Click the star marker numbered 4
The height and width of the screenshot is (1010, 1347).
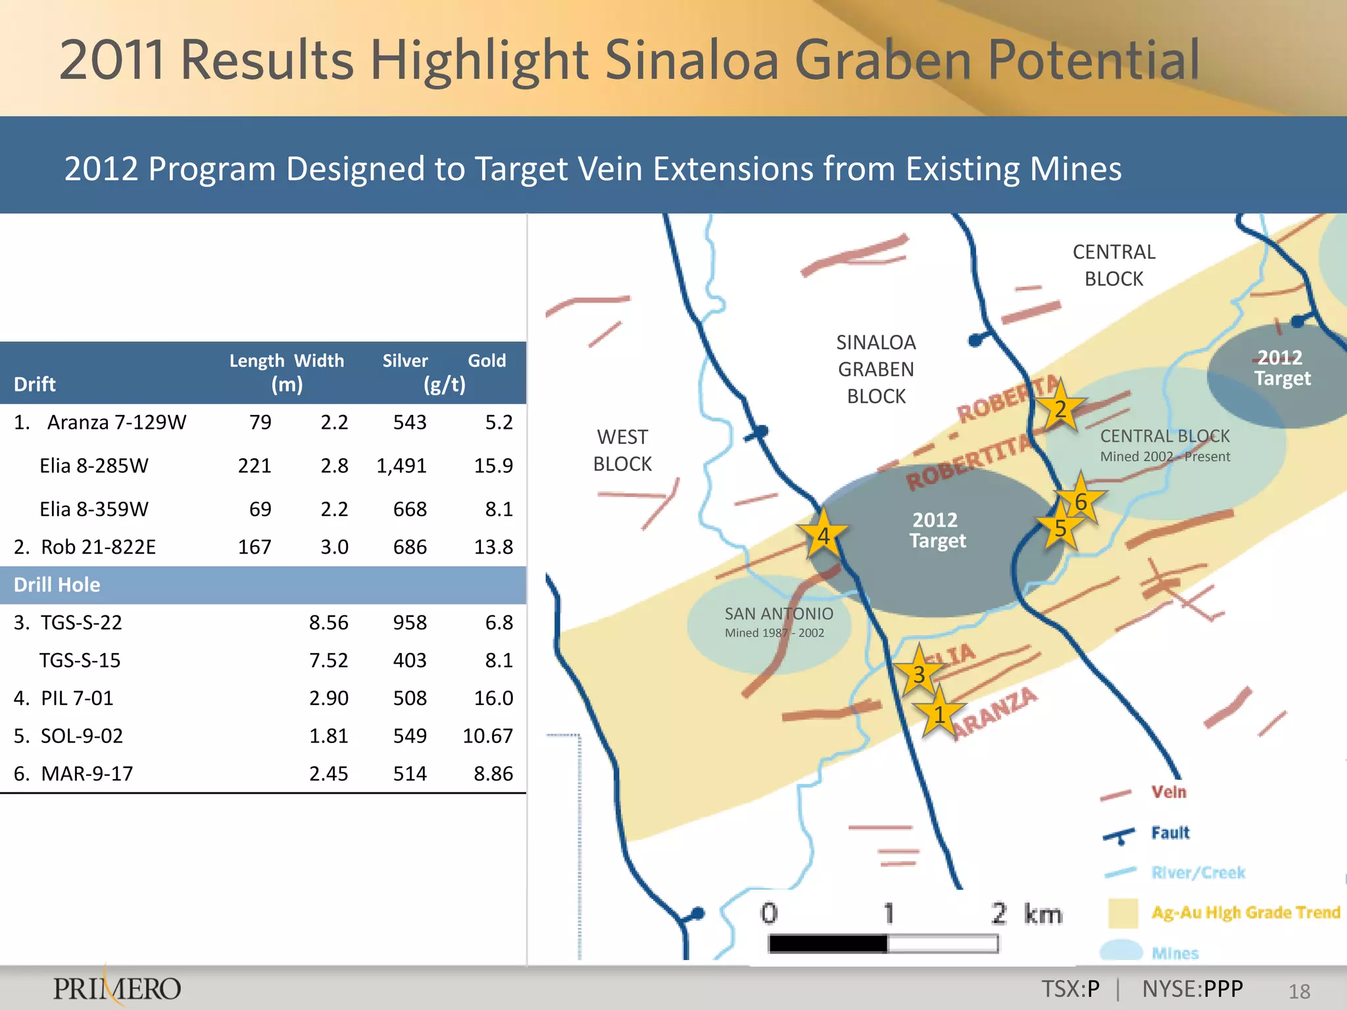[823, 535]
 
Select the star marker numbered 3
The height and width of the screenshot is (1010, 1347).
[919, 674]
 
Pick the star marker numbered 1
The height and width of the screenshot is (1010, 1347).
[939, 714]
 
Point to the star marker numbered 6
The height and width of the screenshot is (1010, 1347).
[1081, 501]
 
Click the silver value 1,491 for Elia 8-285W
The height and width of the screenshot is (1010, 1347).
[401, 466]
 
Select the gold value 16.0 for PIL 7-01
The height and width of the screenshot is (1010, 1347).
[493, 698]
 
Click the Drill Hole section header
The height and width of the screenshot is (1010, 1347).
[57, 585]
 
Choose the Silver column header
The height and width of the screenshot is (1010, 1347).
[405, 360]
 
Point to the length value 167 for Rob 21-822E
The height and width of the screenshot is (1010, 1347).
[255, 546]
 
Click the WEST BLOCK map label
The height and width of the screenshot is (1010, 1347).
[622, 450]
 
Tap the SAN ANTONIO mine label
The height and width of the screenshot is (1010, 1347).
[779, 614]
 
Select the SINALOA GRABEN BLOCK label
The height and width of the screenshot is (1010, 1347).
[876, 369]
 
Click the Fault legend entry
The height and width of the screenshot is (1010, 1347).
[1169, 833]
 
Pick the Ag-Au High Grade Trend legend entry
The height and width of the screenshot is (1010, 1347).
[1245, 913]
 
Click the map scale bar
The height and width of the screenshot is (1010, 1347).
[883, 944]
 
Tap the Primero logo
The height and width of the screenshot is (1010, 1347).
[117, 988]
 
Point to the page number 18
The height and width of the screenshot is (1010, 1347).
[1299, 991]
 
